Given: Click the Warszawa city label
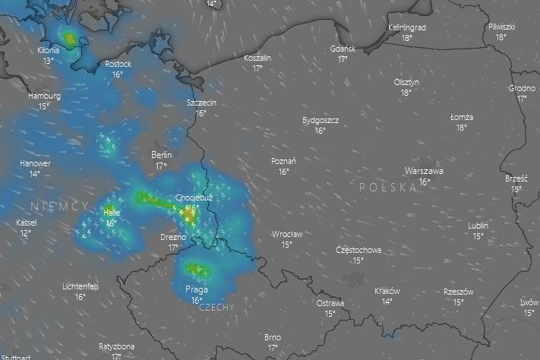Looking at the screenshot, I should (424, 171).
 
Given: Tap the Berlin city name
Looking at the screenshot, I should (161, 155).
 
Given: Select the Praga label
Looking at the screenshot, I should (197, 289).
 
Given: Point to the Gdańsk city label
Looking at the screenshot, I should (343, 49).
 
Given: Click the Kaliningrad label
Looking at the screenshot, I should (406, 27).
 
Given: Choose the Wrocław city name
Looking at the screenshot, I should (287, 234).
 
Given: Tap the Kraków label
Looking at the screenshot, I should (387, 292).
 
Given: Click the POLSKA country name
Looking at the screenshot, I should (388, 187).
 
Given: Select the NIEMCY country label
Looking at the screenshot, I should (59, 207).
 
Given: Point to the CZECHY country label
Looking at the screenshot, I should (216, 308).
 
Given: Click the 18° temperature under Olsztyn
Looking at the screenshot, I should (406, 93).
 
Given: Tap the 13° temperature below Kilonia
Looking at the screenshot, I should (49, 61).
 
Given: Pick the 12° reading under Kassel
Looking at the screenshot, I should (26, 233).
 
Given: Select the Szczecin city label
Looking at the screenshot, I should (201, 103).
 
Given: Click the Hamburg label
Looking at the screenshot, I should (44, 96).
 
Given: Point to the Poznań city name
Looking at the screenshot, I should (283, 161).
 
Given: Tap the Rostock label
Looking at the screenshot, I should (118, 64).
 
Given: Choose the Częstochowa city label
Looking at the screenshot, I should (358, 250).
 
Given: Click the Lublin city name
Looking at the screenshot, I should (478, 226).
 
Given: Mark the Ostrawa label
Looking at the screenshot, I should (330, 303).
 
